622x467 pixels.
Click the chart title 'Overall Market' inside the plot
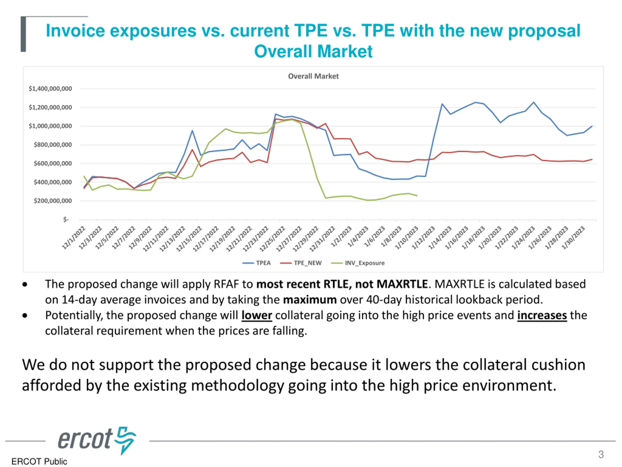(x=313, y=76)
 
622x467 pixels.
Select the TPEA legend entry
(x=263, y=263)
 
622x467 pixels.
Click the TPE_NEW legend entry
(x=307, y=263)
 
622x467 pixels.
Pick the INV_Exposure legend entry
(x=364, y=263)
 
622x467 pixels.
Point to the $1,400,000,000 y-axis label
(x=50, y=89)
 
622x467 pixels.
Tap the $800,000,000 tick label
(x=53, y=145)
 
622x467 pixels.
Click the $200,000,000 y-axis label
(x=53, y=201)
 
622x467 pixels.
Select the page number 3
(x=601, y=454)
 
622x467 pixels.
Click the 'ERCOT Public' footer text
(x=39, y=461)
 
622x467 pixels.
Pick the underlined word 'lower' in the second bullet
(x=257, y=315)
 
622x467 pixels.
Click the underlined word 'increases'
(x=542, y=315)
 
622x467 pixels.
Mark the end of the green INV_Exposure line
(x=417, y=196)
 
